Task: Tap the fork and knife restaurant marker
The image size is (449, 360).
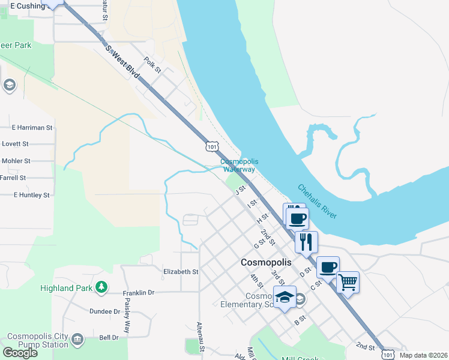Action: (306, 242)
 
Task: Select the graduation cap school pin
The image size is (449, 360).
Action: (285, 297)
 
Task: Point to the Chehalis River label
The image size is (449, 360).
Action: (317, 202)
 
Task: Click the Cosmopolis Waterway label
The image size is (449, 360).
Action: (238, 166)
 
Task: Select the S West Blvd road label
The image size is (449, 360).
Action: (122, 62)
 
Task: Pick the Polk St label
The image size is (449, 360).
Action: (153, 65)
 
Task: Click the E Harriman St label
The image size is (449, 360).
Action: (32, 128)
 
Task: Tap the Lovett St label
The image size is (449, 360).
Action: (15, 144)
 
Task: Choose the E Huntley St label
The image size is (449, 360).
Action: (31, 195)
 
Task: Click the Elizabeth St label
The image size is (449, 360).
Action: (181, 272)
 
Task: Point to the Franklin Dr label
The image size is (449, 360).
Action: (139, 293)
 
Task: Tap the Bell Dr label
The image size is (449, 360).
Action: (109, 338)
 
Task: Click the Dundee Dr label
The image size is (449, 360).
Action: (105, 311)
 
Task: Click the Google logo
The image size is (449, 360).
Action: (20, 353)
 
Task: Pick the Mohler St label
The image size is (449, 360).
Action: (16, 161)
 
